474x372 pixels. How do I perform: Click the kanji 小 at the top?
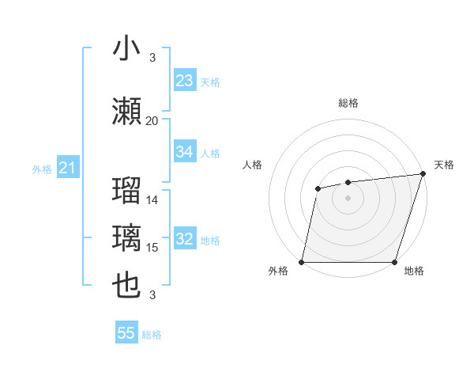coord(127,48)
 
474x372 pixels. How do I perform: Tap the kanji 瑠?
coord(127,190)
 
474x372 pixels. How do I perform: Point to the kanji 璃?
coord(127,237)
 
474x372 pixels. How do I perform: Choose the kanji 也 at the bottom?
coord(127,285)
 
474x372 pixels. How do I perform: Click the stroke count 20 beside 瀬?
coord(152,121)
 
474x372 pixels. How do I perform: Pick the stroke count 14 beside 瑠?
coord(152,200)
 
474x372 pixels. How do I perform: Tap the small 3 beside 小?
coord(152,58)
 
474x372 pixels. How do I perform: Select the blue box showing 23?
coord(185,80)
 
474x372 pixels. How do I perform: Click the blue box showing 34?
coord(185,152)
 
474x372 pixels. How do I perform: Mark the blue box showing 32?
coord(185,240)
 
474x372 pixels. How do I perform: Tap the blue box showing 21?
coord(67,168)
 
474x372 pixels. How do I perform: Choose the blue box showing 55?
coord(126,333)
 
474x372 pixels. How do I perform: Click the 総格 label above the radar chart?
coord(348,103)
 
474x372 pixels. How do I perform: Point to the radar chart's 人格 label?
coord(253,165)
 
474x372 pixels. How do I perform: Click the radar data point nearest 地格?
coord(394,262)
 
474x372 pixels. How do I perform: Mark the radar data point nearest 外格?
coord(302,262)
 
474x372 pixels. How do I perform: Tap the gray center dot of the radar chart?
coord(348,197)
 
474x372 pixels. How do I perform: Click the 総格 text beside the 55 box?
coord(152,335)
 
